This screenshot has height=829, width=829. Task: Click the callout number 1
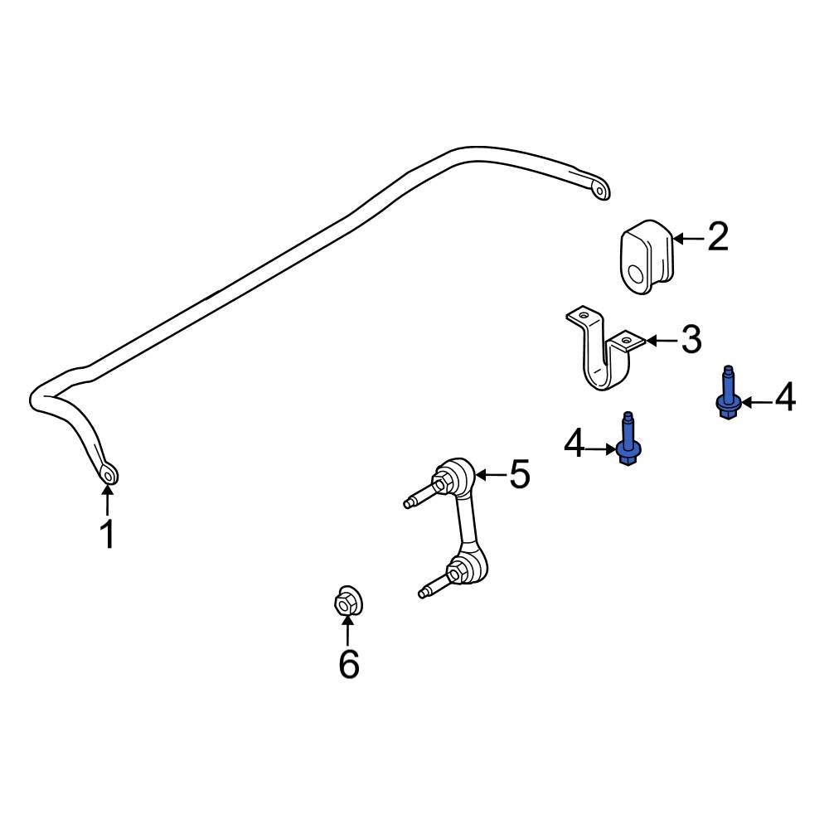(x=108, y=535)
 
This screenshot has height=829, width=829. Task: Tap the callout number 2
(x=717, y=237)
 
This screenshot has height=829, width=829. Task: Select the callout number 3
(x=691, y=340)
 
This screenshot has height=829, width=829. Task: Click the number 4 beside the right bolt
(x=784, y=398)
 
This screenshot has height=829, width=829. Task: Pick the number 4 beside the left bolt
(x=574, y=446)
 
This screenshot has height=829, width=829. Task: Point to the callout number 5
(x=519, y=475)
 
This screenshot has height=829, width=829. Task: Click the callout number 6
(x=349, y=664)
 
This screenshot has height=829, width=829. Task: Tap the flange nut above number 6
(x=347, y=602)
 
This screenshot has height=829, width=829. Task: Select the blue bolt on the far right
(x=727, y=396)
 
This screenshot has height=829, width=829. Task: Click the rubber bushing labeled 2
(x=647, y=255)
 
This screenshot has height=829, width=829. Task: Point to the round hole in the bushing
(x=635, y=274)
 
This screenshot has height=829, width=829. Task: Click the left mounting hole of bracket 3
(x=583, y=315)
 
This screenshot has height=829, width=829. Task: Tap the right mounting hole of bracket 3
(x=626, y=337)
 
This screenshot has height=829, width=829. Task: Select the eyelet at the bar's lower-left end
(x=109, y=474)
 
